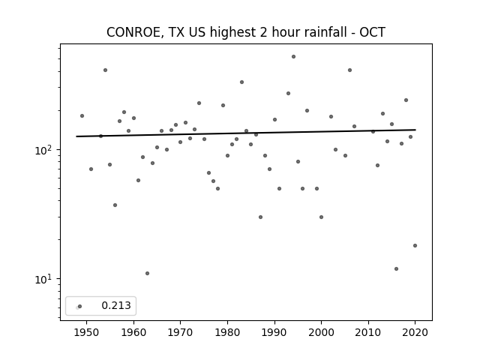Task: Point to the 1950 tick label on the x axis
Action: pyautogui.click(x=86, y=333)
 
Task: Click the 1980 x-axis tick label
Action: pyautogui.click(x=227, y=333)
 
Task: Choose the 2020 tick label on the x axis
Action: pyautogui.click(x=415, y=333)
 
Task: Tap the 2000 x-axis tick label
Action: pyautogui.click(x=321, y=333)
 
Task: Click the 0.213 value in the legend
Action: pyautogui.click(x=116, y=305)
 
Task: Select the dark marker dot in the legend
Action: pyautogui.click(x=80, y=307)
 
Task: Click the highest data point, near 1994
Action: pyautogui.click(x=293, y=57)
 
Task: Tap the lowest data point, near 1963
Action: pyautogui.click(x=147, y=273)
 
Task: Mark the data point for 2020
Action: pyautogui.click(x=415, y=245)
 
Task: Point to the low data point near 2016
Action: pyautogui.click(x=397, y=268)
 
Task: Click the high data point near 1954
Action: pyautogui.click(x=105, y=70)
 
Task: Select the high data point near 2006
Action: pyautogui.click(x=350, y=70)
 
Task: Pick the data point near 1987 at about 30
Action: pyautogui.click(x=260, y=217)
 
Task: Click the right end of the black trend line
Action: pyautogui.click(x=415, y=130)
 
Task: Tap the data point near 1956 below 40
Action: pyautogui.click(x=115, y=205)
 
